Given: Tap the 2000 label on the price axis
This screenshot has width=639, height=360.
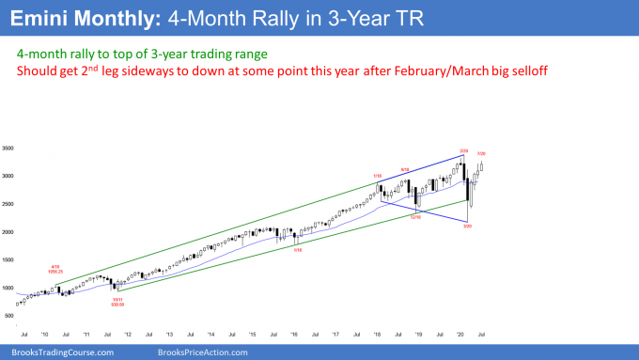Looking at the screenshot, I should click(9, 231).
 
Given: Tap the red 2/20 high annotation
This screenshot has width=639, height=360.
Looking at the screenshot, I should click(462, 150).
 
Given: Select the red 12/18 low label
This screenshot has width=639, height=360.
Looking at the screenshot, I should click(414, 218).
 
